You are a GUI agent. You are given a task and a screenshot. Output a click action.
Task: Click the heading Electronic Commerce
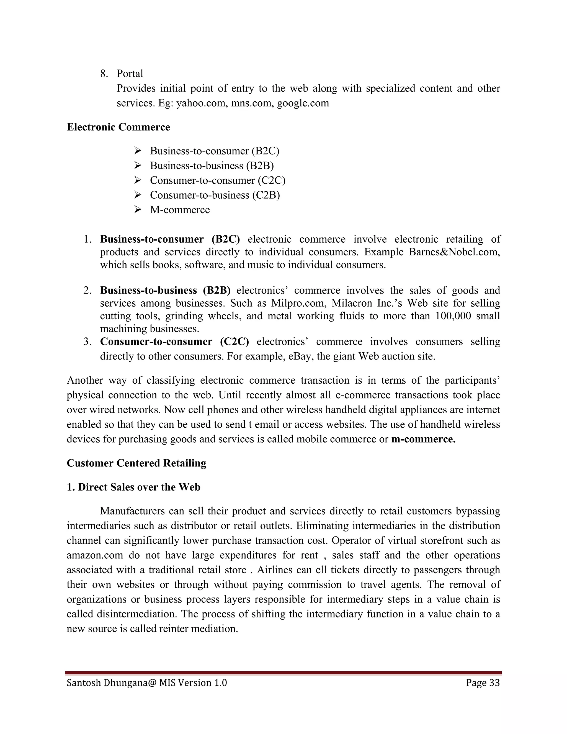point(118,127)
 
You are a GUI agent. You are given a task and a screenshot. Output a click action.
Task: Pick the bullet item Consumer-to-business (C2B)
point(215,195)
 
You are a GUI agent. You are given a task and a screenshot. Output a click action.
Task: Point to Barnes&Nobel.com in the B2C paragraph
point(454,252)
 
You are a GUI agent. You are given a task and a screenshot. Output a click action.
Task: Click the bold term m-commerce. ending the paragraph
point(423,439)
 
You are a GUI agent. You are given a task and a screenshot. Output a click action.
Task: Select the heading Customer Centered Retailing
point(136,463)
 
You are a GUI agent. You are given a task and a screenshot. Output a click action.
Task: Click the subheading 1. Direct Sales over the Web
point(133,487)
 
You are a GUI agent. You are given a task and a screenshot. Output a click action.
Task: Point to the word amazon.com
point(95,555)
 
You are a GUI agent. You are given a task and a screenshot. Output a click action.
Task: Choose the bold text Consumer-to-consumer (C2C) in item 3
point(174,342)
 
